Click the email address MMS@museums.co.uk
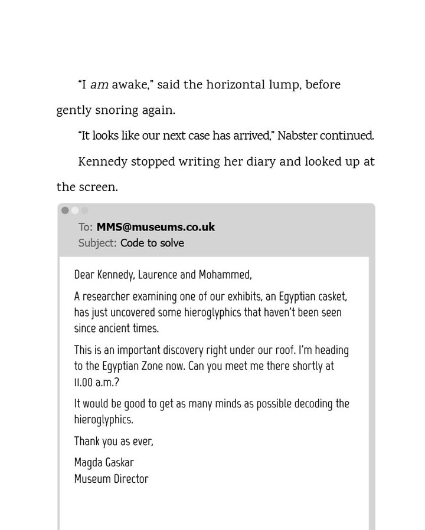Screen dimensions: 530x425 pyautogui.click(x=155, y=227)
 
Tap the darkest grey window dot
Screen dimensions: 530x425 pyautogui.click(x=65, y=210)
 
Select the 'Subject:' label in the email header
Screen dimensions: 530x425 pyautogui.click(x=97, y=243)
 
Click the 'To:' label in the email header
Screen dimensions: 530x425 pyautogui.click(x=86, y=227)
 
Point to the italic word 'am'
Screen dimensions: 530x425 pyautogui.click(x=99, y=85)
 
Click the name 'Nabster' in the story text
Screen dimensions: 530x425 pyautogui.click(x=297, y=136)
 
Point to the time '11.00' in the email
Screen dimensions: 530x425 pyautogui.click(x=85, y=382)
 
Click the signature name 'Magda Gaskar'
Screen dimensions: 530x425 pyautogui.click(x=104, y=462)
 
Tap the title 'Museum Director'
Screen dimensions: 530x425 pyautogui.click(x=111, y=479)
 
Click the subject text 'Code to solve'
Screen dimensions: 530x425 pyautogui.click(x=152, y=243)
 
